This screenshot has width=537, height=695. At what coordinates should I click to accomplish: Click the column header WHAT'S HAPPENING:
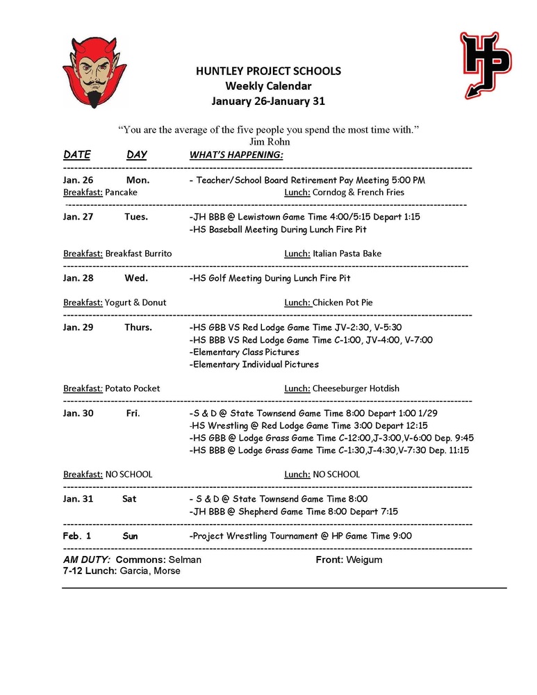coord(236,155)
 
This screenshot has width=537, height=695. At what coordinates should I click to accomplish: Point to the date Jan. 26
coord(78,180)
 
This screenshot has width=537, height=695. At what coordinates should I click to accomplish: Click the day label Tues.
coord(136,217)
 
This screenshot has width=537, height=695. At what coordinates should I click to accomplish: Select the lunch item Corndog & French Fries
coord(358,193)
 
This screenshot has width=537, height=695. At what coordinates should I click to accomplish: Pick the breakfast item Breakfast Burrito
coord(138,254)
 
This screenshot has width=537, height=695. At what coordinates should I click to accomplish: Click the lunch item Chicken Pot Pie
coord(342,302)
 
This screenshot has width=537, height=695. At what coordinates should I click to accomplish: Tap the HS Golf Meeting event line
coord(270,278)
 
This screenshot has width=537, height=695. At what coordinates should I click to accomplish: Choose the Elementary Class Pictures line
coord(244,352)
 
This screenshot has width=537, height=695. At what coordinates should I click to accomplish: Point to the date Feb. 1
coord(77,536)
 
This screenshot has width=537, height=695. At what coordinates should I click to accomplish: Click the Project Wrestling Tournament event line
coord(300,536)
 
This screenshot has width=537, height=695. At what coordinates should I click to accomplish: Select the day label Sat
coord(129,499)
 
